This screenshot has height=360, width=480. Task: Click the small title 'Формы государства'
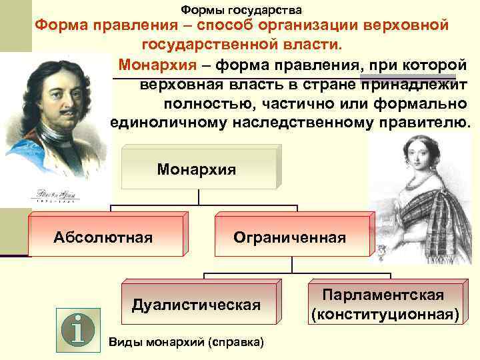241,10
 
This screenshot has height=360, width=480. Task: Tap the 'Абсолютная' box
103,236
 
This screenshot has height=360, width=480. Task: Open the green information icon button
79,329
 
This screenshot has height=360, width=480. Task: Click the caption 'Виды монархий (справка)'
186,342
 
